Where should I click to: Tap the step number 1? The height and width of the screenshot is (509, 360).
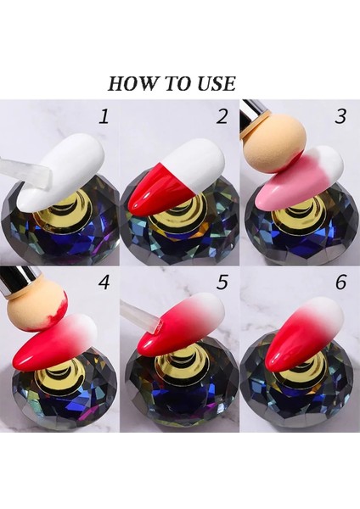(104, 116)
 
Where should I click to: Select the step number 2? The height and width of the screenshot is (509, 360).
(222, 116)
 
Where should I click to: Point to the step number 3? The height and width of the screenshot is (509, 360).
(340, 116)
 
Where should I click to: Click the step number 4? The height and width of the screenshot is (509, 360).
(104, 282)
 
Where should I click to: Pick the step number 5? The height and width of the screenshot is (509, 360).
(222, 282)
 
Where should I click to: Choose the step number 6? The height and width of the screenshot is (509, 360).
(340, 282)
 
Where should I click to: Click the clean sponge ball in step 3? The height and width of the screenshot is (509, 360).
(275, 140)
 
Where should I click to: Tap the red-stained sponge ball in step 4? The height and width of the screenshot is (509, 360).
(37, 310)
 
